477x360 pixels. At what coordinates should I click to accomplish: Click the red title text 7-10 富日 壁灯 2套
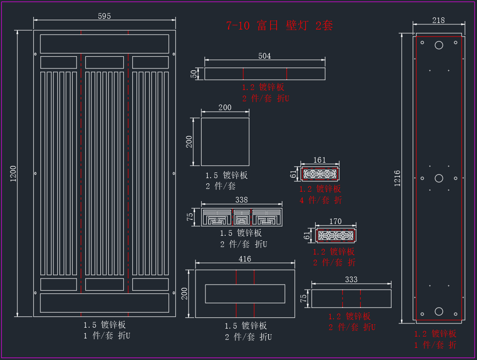[279, 25]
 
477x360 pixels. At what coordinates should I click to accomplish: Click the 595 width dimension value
[104, 16]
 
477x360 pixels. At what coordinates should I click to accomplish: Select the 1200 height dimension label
[13, 173]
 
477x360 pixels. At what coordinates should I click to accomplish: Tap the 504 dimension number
[265, 56]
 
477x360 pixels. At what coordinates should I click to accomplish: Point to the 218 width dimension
[439, 20]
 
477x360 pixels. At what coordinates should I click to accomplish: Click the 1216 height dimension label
[397, 178]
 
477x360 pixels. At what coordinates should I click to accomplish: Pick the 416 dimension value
[245, 259]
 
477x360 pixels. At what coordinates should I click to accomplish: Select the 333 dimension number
[351, 279]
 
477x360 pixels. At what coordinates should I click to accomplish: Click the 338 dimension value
[242, 200]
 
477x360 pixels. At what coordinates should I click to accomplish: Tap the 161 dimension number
[319, 160]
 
